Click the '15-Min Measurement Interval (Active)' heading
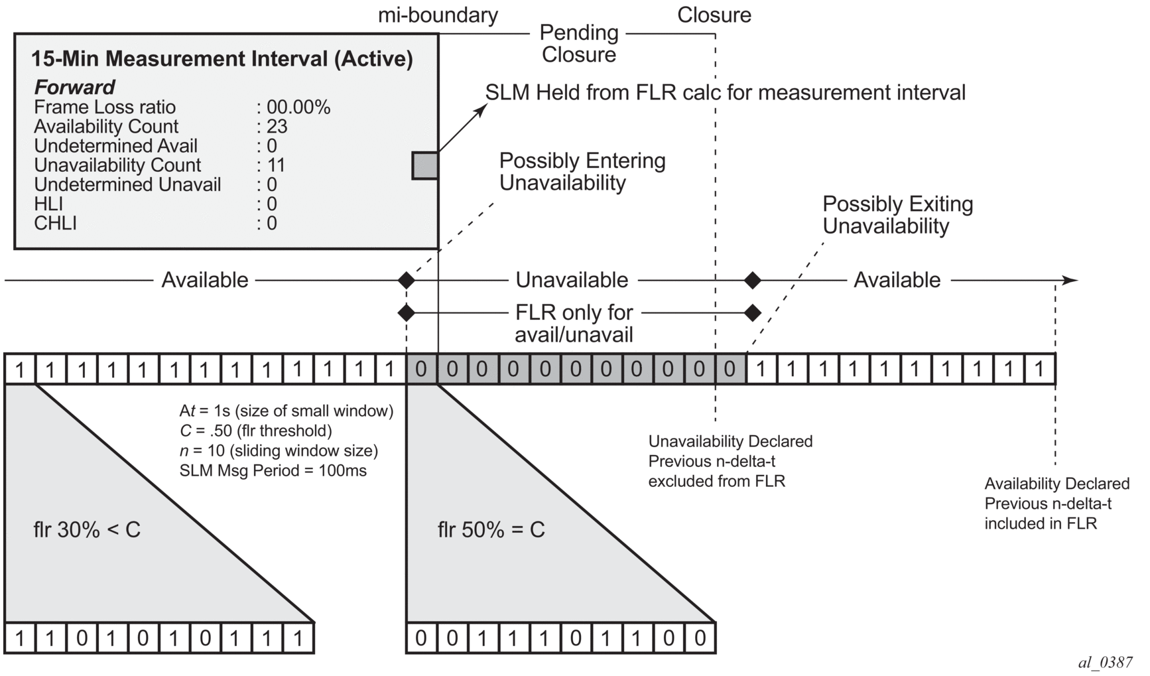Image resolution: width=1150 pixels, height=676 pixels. point(222,59)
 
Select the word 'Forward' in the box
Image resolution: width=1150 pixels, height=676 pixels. point(74,87)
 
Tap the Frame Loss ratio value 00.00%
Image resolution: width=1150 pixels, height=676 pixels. point(298,107)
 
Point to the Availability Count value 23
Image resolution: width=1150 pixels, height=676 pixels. point(277,126)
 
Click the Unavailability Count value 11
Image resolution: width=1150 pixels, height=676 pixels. point(275,165)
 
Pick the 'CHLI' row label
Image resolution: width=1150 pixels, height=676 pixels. point(55,223)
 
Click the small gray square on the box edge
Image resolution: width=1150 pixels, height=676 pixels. point(424,165)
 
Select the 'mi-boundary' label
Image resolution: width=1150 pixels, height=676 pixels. point(438,15)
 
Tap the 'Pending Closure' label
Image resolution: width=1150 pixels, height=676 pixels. point(578,43)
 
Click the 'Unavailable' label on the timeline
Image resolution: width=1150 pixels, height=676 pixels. point(572,280)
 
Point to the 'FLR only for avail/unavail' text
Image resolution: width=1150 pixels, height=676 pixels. point(574,323)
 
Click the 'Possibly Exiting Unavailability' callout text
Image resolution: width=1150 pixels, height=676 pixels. point(897,215)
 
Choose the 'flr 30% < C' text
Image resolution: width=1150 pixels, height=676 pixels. point(87,529)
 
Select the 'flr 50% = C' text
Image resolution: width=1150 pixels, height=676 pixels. point(491,529)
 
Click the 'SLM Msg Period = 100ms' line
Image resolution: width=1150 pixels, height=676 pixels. point(273,471)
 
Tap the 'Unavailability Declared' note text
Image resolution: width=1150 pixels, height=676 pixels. point(730,441)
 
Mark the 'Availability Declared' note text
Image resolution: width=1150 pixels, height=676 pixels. point(1056,484)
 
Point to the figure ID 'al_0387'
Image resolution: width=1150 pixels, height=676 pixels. point(1105,662)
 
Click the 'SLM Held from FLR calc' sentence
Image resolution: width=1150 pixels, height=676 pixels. point(725,92)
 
